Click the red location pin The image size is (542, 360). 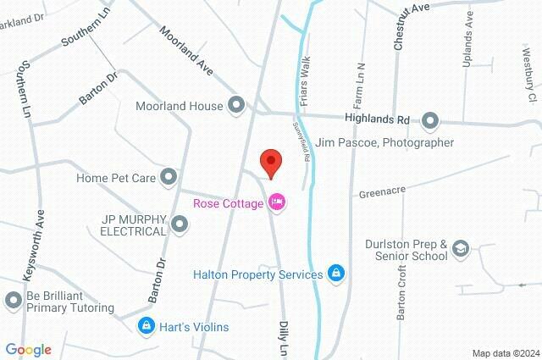tap(270, 162)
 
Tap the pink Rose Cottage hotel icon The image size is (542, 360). tap(276, 202)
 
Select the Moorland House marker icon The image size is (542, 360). tap(237, 106)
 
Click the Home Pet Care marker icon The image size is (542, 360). tap(169, 176)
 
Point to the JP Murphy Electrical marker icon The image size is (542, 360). tap(180, 224)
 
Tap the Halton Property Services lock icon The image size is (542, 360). tap(336, 274)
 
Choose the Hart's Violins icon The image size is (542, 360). tap(147, 326)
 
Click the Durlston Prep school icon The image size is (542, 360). tap(461, 248)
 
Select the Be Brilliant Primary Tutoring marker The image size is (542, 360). tap(13, 300)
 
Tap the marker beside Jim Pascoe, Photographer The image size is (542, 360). tap(429, 121)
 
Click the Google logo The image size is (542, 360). tap(28, 350)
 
